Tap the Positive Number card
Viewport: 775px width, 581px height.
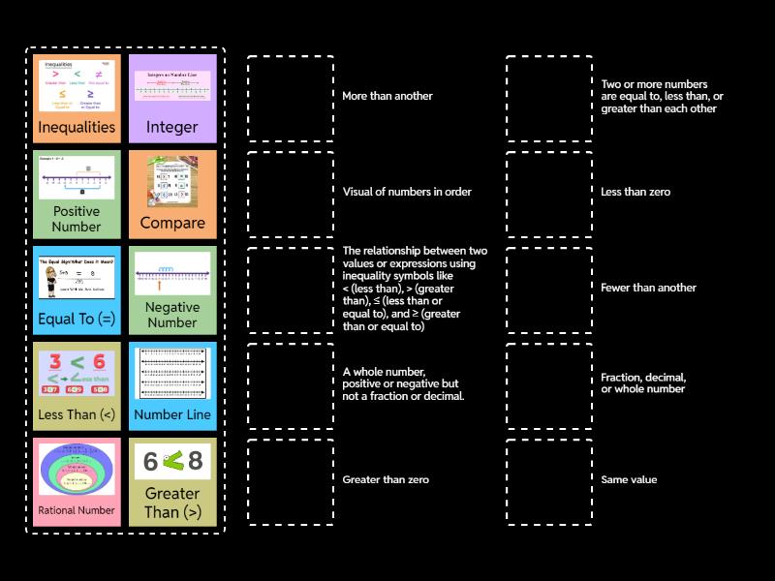77,195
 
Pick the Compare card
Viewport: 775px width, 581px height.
171,195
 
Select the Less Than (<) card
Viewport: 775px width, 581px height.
77,386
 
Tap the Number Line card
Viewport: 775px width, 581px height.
171,386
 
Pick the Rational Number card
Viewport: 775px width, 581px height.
77,482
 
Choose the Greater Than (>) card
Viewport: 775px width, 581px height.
171,482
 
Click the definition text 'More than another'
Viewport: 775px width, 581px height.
387,96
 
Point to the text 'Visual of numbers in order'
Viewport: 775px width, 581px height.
407,192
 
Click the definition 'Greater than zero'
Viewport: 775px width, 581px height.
386,479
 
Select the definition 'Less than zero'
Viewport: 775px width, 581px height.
635,192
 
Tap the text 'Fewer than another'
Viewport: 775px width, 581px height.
648,288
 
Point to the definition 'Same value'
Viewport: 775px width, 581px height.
629,479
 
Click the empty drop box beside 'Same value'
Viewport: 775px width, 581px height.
549,482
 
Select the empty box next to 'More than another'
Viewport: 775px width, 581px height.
291,99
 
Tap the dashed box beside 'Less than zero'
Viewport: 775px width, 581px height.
549,195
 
